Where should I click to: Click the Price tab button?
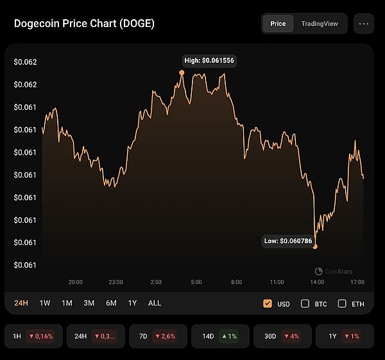pos(278,24)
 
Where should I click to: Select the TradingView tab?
pos(319,24)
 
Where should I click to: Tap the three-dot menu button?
pos(364,24)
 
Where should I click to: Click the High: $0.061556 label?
pos(210,60)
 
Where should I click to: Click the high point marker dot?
pos(182,73)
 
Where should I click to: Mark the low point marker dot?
pos(315,246)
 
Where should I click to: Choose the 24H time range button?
pos(21,303)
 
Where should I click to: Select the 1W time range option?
pos(45,303)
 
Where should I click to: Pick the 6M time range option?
pos(111,303)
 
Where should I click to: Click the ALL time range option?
pos(155,303)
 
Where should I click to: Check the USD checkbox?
pos(268,304)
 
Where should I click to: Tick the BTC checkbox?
pos(305,304)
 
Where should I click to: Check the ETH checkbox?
pos(342,304)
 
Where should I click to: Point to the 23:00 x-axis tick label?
pos(116,282)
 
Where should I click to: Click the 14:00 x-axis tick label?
pos(317,282)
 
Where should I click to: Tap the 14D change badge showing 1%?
pos(219,336)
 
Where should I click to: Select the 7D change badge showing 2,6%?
pos(157,336)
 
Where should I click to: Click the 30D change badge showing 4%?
pos(282,336)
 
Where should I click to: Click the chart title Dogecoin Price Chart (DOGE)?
pos(84,24)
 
